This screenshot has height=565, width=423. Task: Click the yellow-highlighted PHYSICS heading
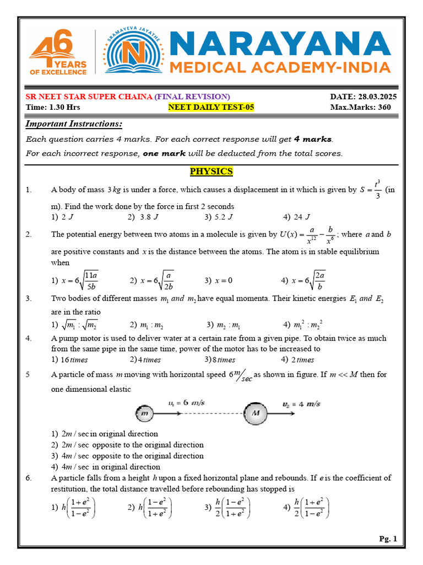click(211, 172)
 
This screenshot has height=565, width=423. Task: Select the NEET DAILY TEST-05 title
click(211, 107)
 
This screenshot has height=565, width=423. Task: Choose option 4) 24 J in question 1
click(297, 217)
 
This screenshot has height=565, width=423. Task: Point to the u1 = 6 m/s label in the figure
click(186, 403)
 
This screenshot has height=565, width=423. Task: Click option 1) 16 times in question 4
click(69, 360)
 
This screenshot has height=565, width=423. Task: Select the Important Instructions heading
click(74, 124)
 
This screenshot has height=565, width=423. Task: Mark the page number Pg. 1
click(388, 539)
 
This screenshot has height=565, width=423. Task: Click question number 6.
click(29, 478)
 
